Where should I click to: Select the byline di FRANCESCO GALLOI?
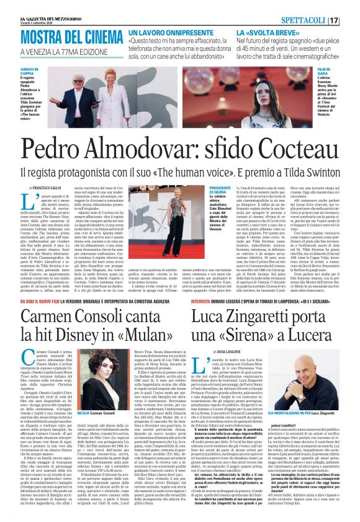46,187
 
